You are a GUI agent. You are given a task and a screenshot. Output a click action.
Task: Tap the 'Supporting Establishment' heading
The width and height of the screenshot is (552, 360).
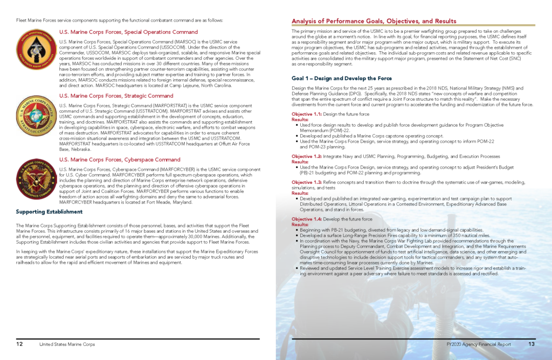point(49,212)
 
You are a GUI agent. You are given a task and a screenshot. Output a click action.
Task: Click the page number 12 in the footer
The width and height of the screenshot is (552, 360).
point(19,344)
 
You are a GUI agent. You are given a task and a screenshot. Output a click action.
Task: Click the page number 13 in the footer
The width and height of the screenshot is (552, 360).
point(531,344)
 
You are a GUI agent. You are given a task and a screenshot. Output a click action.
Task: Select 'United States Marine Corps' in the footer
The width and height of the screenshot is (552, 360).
point(67,344)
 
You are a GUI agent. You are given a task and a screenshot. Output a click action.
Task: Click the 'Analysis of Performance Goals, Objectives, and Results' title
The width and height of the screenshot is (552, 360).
point(374,22)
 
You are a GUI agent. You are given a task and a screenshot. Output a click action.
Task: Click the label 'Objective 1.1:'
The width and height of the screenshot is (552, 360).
point(307,114)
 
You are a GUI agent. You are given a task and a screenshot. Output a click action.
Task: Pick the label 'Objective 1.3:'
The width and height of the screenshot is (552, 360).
point(307,183)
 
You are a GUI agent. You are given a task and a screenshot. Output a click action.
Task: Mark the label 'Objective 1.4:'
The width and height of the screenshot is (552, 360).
point(307,219)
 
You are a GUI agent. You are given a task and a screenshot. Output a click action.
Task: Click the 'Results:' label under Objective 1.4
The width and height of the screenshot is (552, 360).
point(300,224)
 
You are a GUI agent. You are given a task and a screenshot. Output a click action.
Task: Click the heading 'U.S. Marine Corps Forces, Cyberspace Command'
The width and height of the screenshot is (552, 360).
point(120,160)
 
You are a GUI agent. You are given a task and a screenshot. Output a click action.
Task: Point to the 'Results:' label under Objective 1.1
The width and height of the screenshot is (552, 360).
point(300,119)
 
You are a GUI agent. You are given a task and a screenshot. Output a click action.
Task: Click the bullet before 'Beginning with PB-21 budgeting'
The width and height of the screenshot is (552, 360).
point(297,230)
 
